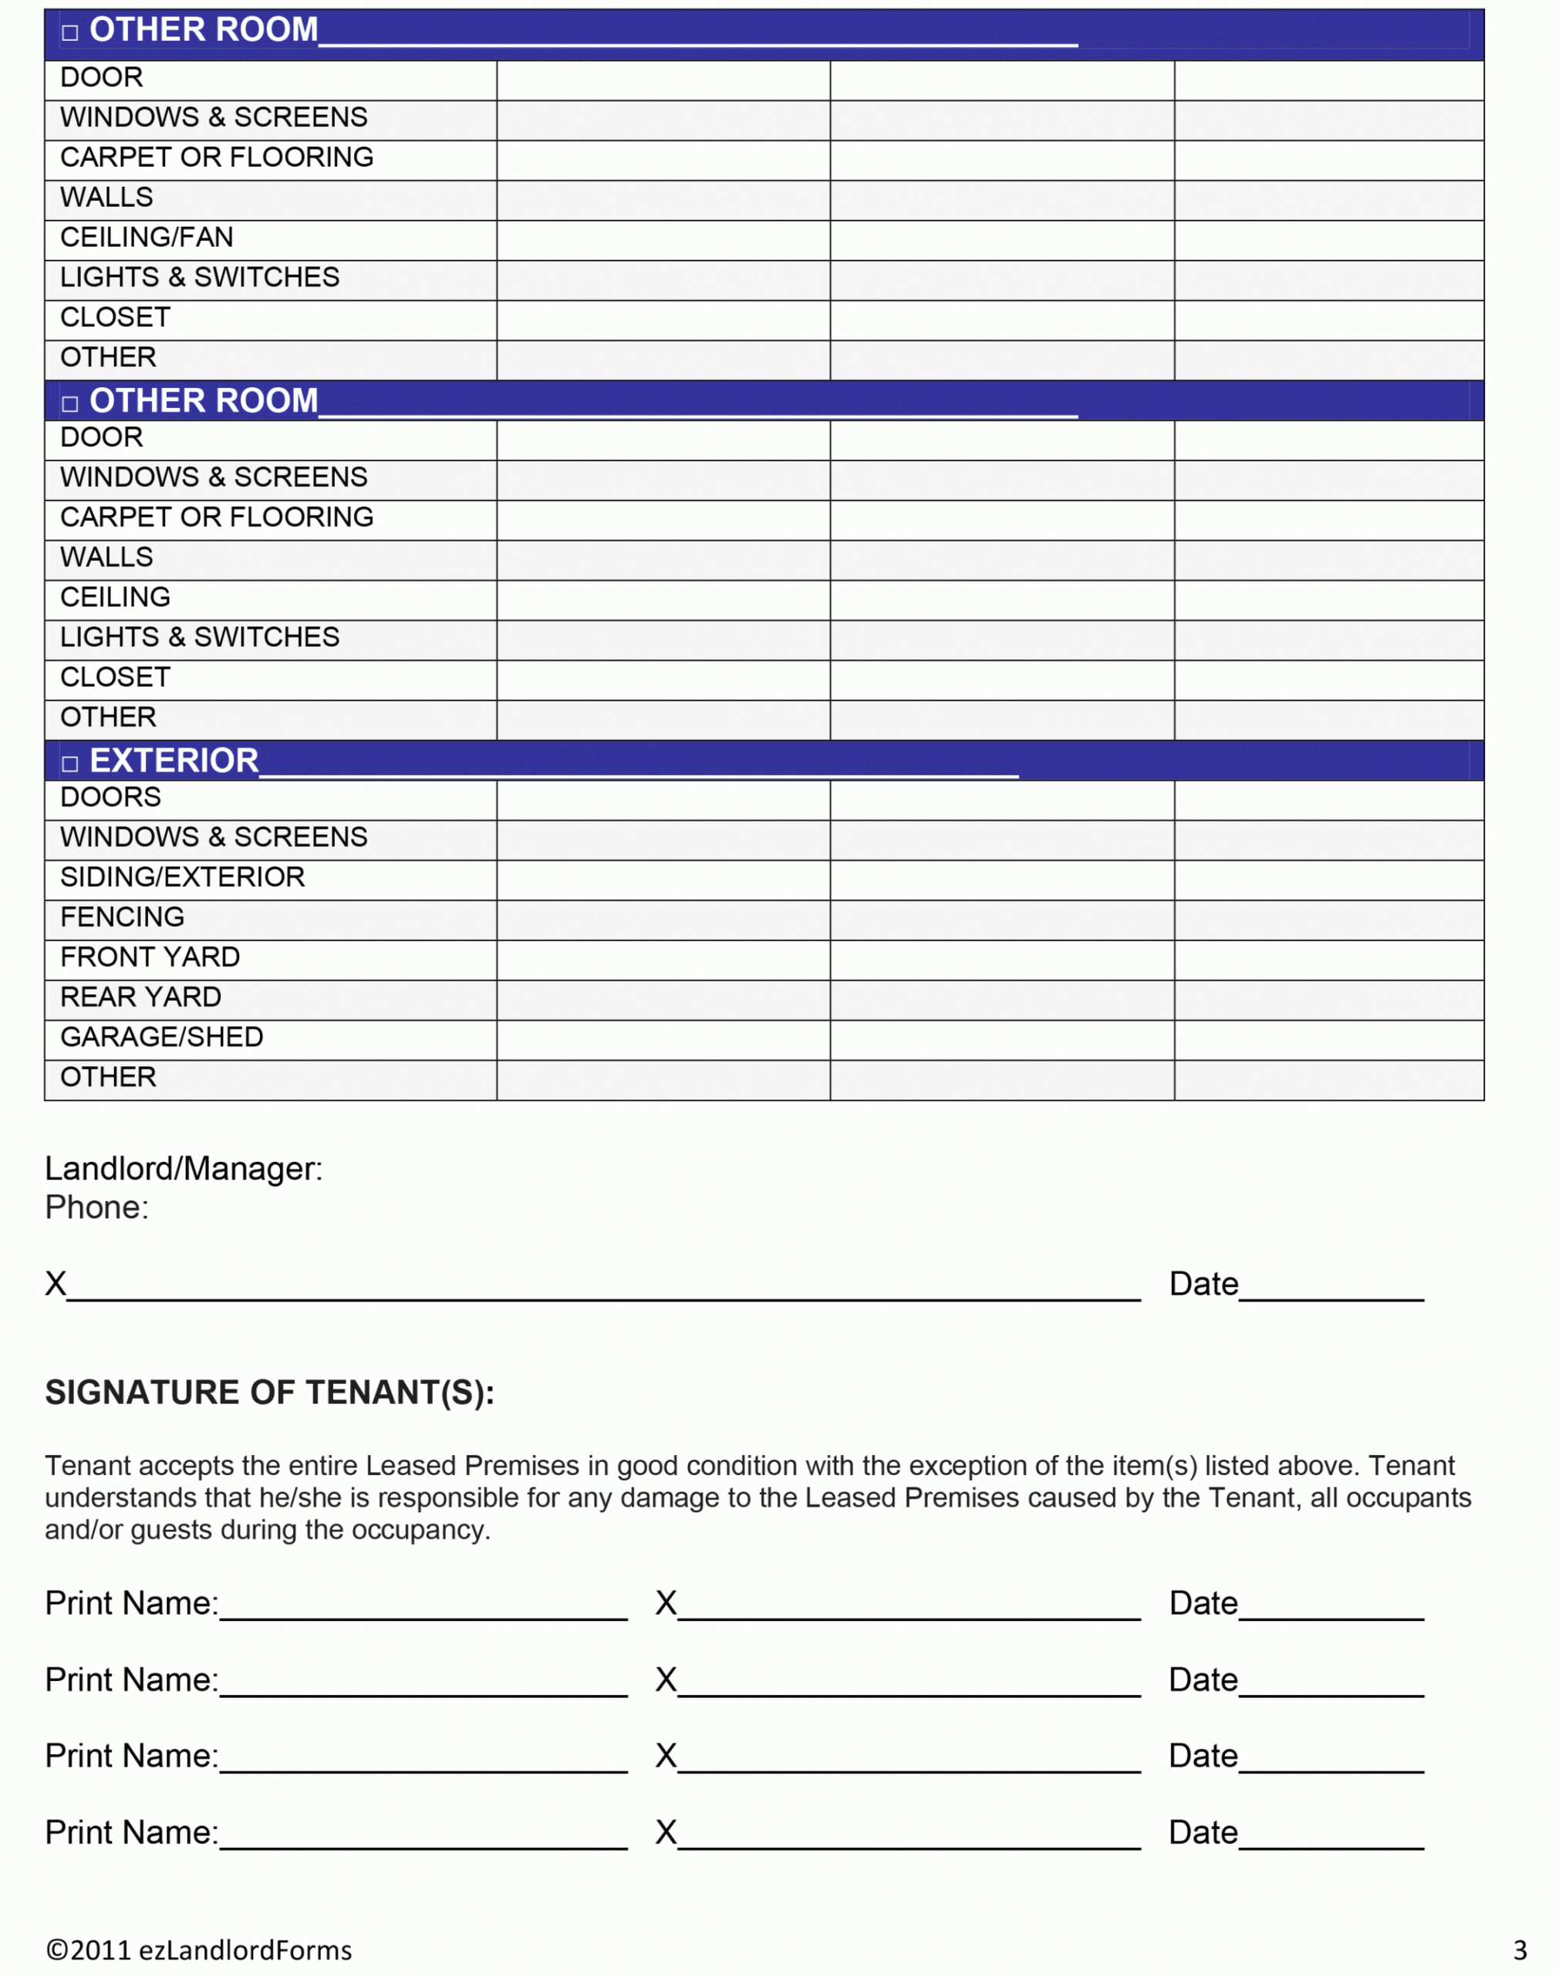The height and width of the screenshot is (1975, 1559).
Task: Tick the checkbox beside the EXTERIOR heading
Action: click(70, 764)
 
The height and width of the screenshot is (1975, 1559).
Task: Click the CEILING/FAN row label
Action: click(147, 238)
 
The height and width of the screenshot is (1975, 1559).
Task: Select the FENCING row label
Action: click(123, 917)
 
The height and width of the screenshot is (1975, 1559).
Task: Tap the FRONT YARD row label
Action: click(150, 957)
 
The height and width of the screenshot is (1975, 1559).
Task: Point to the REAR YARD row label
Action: click(140, 997)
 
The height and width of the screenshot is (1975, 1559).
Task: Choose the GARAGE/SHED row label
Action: click(161, 1037)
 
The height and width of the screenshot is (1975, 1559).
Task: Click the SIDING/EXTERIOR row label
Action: click(183, 877)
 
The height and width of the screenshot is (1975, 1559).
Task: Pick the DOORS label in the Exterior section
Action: click(110, 797)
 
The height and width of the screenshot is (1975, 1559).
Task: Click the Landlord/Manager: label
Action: click(184, 1168)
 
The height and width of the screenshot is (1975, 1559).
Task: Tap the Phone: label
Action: click(96, 1207)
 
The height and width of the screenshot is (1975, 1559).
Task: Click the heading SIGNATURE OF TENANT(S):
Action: click(269, 1393)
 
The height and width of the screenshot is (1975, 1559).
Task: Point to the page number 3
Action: click(1520, 1950)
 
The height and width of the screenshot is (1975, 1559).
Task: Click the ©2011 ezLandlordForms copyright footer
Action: click(199, 1950)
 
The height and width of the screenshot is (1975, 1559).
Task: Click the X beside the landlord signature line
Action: click(56, 1284)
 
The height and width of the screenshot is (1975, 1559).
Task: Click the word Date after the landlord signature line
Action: click(1203, 1284)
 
